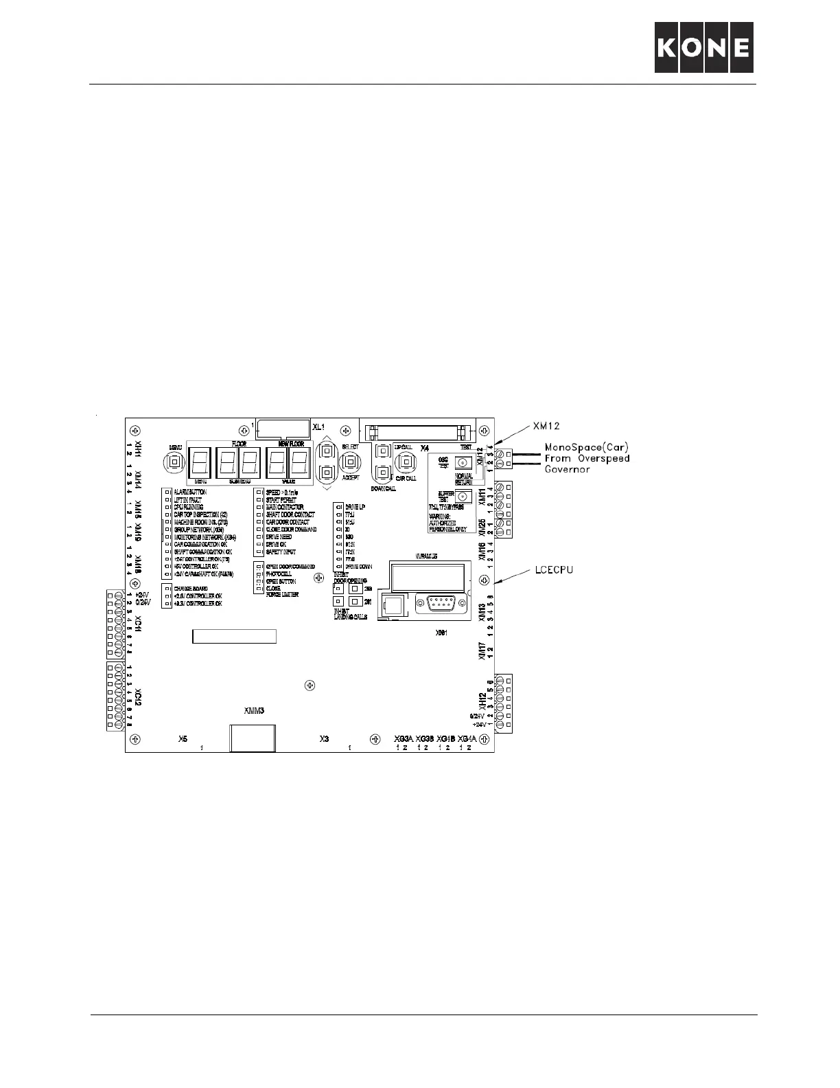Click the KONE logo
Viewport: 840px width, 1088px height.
(x=704, y=47)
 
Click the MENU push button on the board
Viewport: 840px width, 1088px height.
(x=174, y=463)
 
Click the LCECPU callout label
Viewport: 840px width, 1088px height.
(x=552, y=569)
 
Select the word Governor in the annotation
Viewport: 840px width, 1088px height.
(x=568, y=469)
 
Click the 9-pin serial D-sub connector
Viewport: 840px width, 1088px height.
(x=444, y=605)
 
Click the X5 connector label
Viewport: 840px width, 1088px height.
(x=183, y=739)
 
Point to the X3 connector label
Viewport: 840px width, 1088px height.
(x=325, y=739)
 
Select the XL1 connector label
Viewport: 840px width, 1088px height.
(x=318, y=427)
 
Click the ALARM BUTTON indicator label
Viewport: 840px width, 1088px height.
(x=189, y=492)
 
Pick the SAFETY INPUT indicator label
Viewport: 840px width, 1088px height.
(x=281, y=552)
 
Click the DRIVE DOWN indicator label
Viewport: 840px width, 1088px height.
(x=358, y=567)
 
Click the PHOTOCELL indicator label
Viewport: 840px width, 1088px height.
(x=279, y=574)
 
